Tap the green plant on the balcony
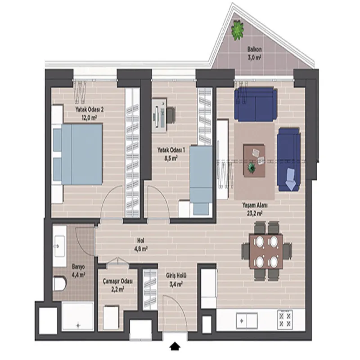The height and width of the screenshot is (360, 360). (237, 30)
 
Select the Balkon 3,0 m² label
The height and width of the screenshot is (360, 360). (254, 53)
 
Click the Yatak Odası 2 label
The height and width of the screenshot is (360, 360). (89, 109)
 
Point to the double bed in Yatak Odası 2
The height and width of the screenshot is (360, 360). (77, 154)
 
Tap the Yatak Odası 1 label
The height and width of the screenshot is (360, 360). (171, 150)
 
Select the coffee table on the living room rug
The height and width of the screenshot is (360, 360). (254, 161)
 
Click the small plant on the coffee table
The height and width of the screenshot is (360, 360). (252, 167)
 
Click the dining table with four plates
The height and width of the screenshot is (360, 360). (266, 251)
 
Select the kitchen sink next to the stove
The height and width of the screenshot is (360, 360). (247, 321)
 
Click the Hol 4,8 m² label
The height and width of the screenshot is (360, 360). (141, 244)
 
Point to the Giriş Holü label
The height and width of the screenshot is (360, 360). (176, 275)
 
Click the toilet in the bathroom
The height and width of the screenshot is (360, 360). (60, 284)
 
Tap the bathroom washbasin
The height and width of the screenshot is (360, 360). (59, 246)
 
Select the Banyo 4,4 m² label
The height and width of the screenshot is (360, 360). (78, 271)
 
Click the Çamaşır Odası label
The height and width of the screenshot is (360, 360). (118, 281)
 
